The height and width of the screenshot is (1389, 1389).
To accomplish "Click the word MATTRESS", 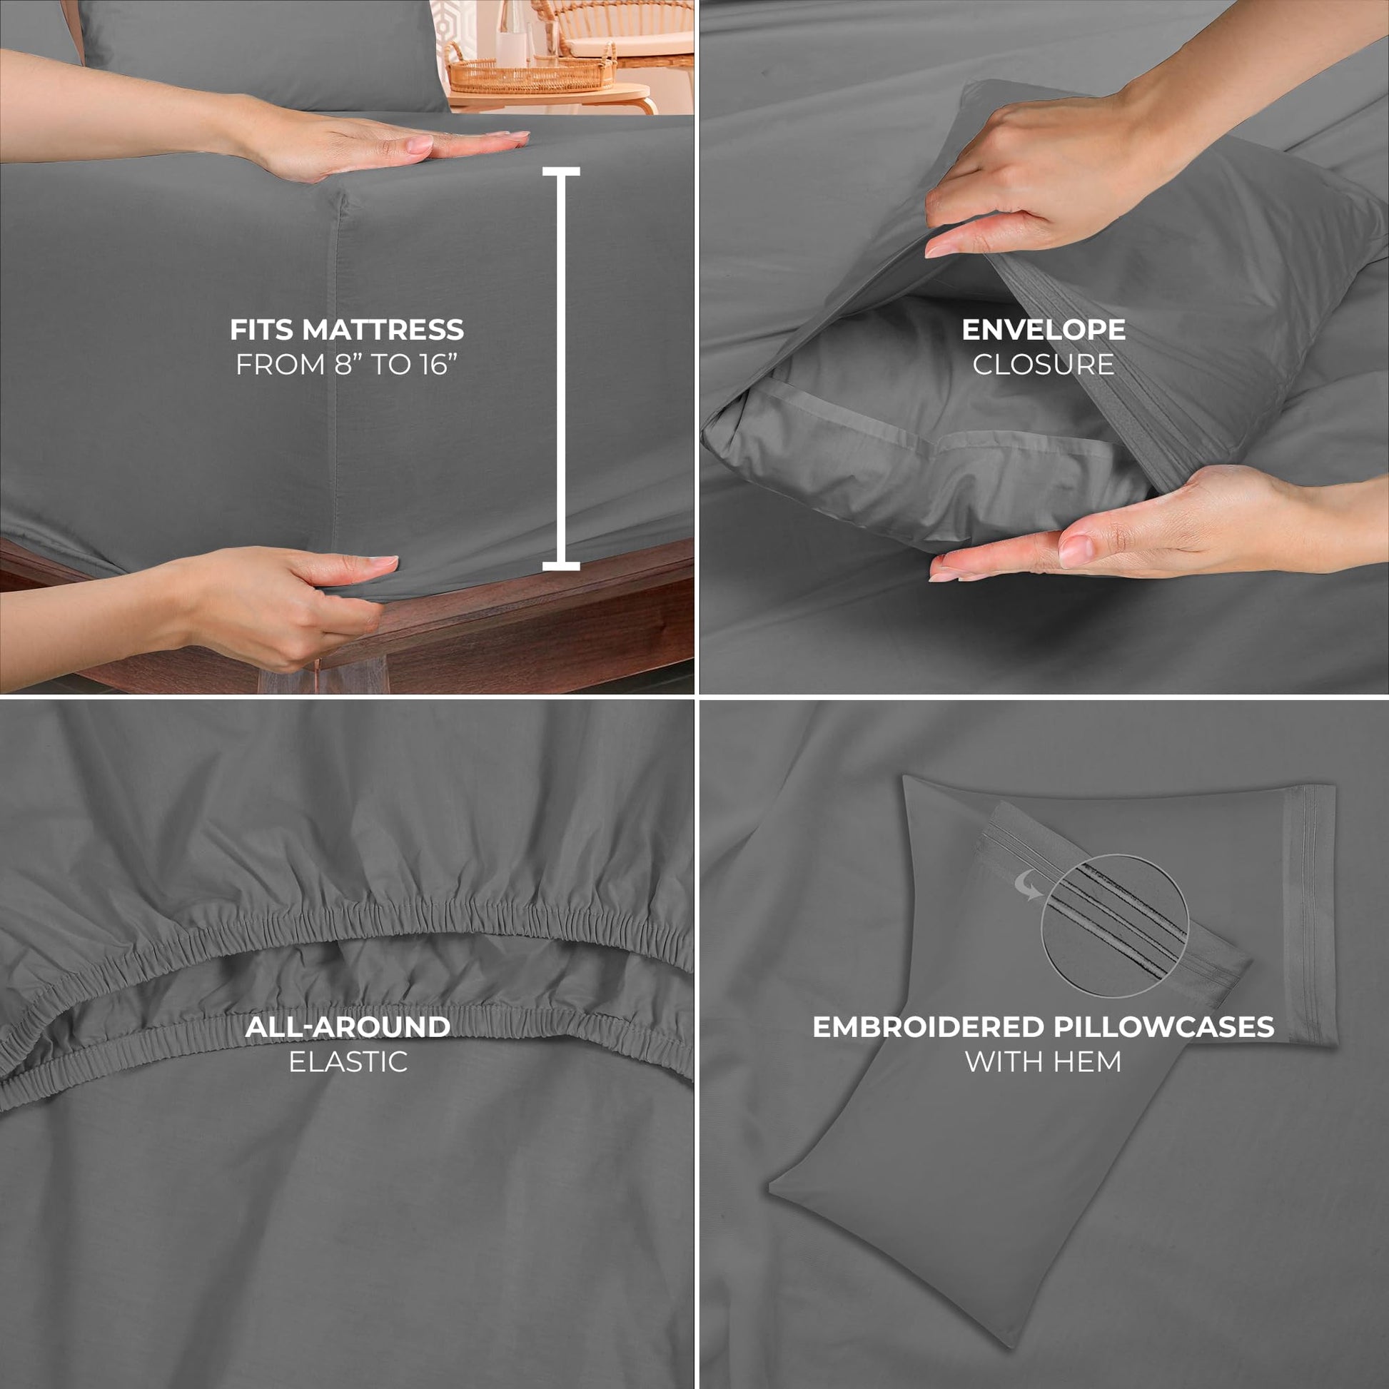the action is click(383, 330).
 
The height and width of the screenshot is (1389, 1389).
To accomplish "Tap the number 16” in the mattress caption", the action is click(439, 365).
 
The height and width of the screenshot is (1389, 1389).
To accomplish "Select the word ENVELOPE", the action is click(1044, 330).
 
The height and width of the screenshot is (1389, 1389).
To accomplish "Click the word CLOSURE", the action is click(1044, 365).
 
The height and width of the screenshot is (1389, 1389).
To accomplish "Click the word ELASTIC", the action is click(348, 1062).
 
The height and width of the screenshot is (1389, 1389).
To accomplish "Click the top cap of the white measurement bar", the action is click(561, 171).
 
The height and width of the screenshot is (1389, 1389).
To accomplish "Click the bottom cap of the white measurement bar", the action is click(561, 567).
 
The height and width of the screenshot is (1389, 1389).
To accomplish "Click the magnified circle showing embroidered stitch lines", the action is click(1113, 924).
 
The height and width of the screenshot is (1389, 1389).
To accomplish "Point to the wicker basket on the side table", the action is click(530, 74).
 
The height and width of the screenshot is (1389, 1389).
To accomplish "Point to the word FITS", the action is click(262, 330).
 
